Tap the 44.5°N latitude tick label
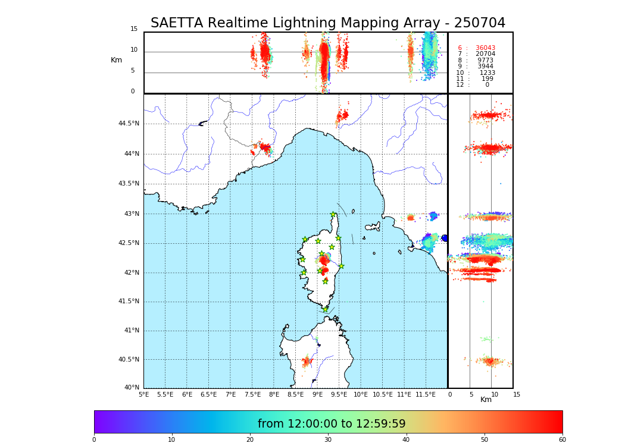click(129, 124)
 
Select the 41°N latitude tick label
click(131, 331)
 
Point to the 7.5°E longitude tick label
click(252, 394)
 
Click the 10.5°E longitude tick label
click(383, 394)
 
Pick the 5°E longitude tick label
click(143, 394)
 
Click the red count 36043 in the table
click(485, 48)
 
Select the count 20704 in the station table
click(485, 54)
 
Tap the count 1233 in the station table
click(487, 73)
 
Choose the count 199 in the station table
click(487, 79)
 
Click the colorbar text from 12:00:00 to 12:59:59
click(332, 424)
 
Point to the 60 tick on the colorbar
click(562, 439)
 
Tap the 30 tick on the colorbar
click(328, 439)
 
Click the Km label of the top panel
click(117, 60)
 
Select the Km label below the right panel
click(486, 400)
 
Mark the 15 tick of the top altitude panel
click(134, 29)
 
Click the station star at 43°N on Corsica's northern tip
click(333, 214)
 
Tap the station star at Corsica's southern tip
click(325, 309)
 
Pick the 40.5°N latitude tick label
click(129, 360)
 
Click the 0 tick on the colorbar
click(94, 439)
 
